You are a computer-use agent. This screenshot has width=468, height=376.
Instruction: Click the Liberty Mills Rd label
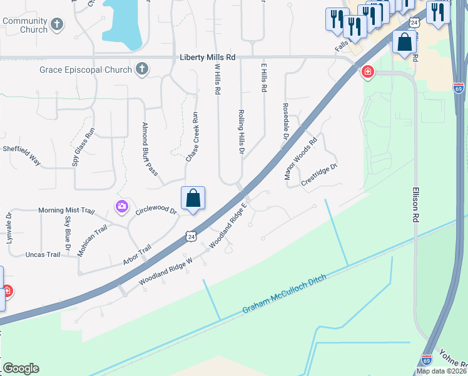pos(207,57)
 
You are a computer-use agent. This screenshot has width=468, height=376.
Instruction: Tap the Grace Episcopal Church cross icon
pos(143,69)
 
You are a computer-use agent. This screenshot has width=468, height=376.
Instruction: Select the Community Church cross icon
pos(57,25)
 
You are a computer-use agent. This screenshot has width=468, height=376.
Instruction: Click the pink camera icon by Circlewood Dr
pos(121,206)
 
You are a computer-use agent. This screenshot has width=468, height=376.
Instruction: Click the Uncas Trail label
pos(43,254)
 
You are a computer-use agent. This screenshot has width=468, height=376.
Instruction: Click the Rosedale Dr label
pos(285,121)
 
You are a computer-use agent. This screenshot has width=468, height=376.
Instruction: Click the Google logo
pos(21,368)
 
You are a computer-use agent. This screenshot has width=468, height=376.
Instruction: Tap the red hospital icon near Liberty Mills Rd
pos(367,72)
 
